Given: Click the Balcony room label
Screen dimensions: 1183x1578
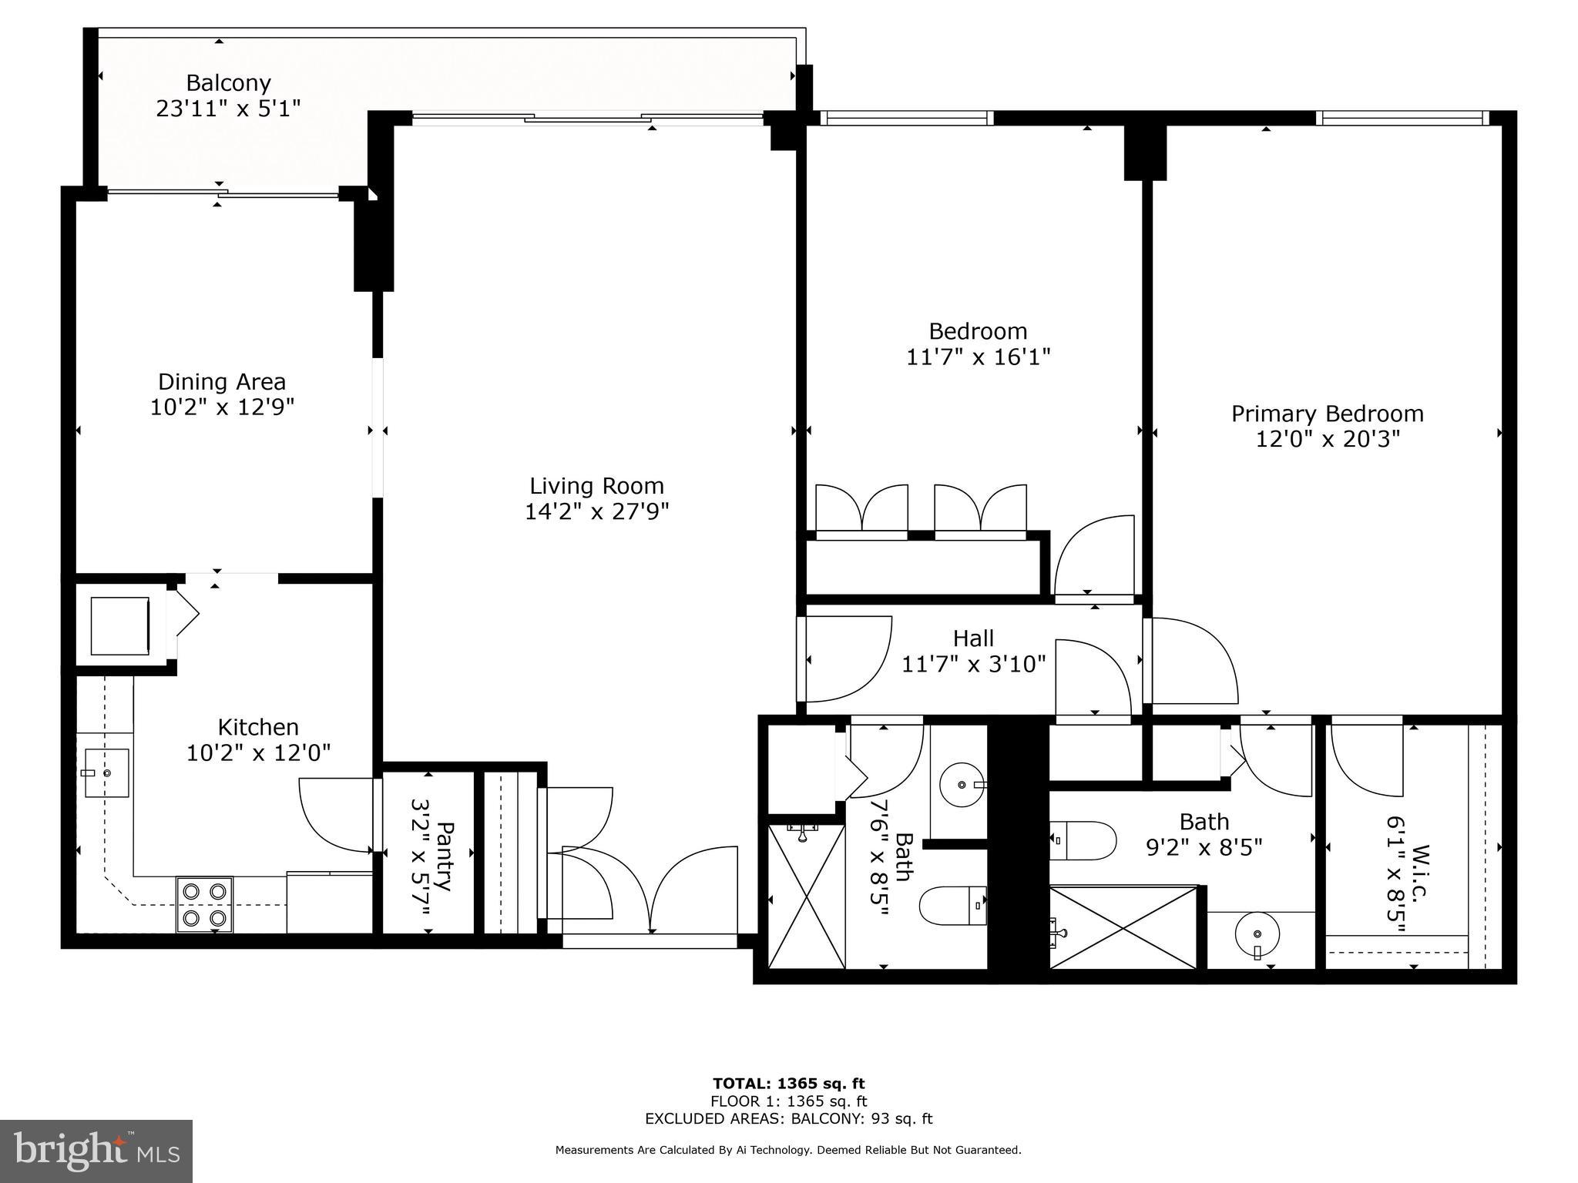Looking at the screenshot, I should [x=229, y=82].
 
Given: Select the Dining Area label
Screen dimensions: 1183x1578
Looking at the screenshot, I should [x=222, y=382].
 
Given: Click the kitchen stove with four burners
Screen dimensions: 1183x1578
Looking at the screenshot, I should [x=204, y=904].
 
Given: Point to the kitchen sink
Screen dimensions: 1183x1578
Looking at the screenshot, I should [x=106, y=772].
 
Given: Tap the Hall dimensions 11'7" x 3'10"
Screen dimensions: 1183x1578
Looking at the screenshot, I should [x=973, y=664].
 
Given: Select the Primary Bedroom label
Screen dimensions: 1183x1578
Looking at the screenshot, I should [x=1327, y=414].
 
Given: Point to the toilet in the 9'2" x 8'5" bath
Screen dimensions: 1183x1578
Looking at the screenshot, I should [x=1082, y=841].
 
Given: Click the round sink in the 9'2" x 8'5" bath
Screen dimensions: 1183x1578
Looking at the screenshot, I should [x=1257, y=935].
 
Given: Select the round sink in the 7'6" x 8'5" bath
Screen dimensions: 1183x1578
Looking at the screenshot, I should [x=963, y=784].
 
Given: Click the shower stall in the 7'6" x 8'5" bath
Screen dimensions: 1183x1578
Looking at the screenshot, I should [x=806, y=896].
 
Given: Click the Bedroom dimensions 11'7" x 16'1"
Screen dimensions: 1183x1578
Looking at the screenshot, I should [x=978, y=357].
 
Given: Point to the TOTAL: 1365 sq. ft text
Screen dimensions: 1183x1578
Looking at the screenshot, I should [x=788, y=1084].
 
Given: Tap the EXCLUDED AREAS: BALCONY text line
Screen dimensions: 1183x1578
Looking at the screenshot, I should [x=788, y=1118].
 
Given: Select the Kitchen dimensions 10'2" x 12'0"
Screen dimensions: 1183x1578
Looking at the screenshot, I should [x=258, y=752].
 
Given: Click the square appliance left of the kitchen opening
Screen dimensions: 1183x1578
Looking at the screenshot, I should [x=120, y=625].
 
